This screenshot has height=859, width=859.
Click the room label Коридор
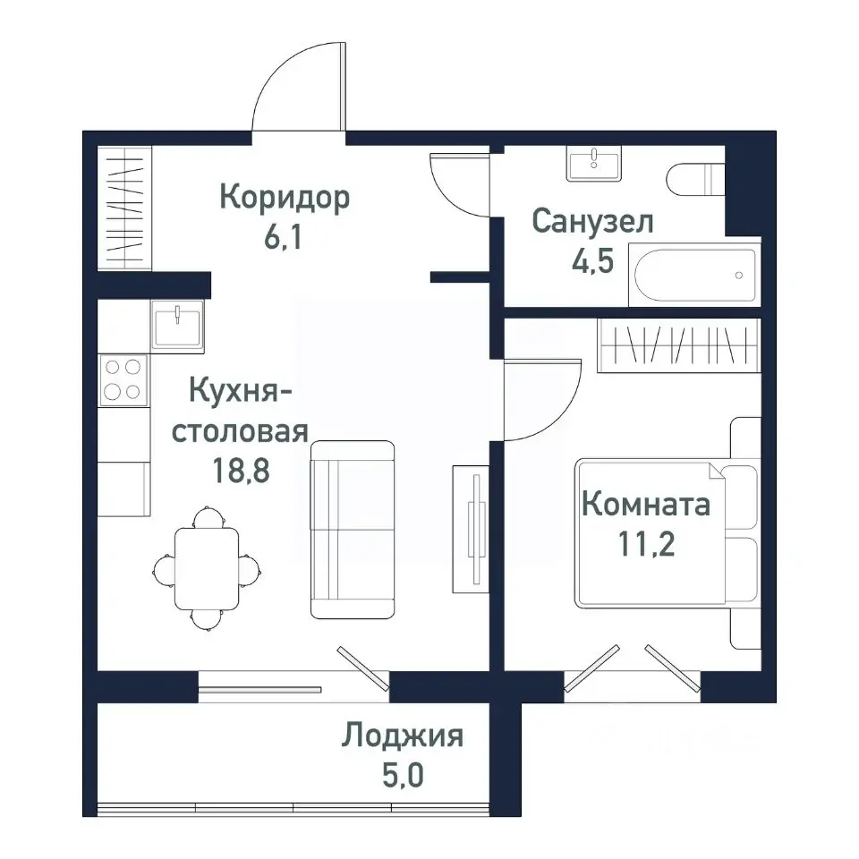[284, 196]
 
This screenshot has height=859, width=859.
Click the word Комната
[645, 505]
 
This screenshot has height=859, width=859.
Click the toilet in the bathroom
[694, 181]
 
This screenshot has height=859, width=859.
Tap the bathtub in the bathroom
[694, 276]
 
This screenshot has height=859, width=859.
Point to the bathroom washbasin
[593, 165]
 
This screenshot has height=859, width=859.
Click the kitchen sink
[178, 324]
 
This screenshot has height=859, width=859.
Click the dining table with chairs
[207, 566]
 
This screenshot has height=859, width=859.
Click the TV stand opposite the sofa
[471, 528]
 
